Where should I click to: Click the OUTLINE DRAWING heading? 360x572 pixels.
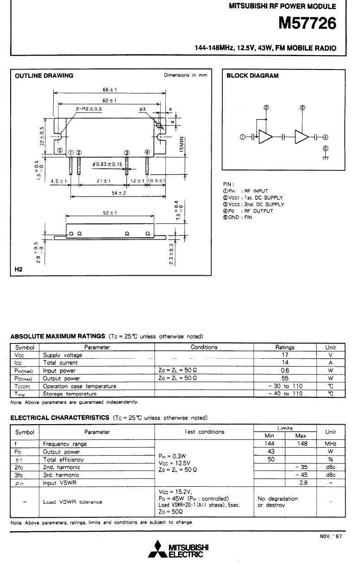click(x=44, y=76)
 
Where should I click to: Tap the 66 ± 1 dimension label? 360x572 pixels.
click(x=109, y=89)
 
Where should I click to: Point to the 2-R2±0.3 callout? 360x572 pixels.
click(x=88, y=108)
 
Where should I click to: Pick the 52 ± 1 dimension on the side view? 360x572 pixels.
click(x=109, y=213)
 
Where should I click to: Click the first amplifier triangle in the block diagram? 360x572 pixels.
click(x=265, y=137)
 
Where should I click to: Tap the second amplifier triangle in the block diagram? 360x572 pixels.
click(x=302, y=137)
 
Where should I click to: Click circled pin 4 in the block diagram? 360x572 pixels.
click(x=325, y=137)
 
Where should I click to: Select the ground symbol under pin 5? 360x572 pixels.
click(x=325, y=158)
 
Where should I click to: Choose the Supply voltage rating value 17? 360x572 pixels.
click(x=285, y=355)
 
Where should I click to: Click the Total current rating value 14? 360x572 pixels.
click(x=285, y=363)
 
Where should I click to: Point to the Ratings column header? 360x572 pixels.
click(x=285, y=347)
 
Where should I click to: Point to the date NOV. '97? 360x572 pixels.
click(x=331, y=536)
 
